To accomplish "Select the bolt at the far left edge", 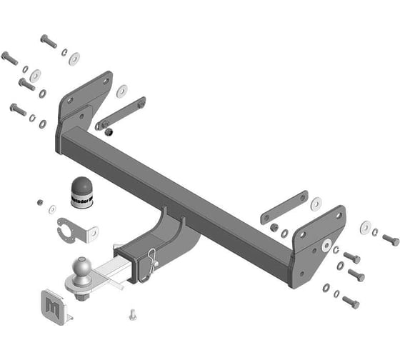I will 10,57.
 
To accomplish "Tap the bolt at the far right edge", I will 390,239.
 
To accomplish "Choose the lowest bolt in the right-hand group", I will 350,301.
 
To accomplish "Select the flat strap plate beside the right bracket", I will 284,207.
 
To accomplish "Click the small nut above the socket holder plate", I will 40,201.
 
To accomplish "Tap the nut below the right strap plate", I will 274,227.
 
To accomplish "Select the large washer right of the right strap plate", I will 315,203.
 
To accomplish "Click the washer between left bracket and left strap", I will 122,91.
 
